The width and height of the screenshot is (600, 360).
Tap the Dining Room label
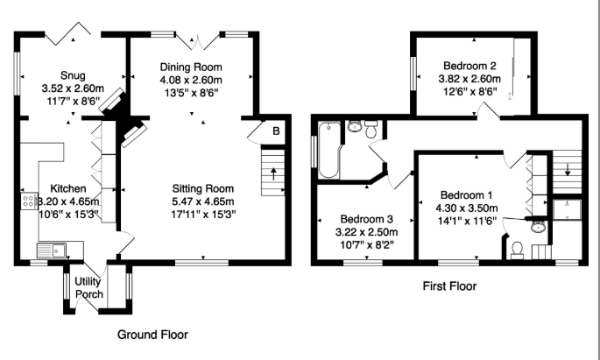tap(190, 67)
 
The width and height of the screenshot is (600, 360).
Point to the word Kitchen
tap(67, 188)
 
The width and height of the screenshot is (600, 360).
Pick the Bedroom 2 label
tap(469, 66)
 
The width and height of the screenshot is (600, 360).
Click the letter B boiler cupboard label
tap(276, 131)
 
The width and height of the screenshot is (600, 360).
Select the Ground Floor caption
tap(153, 334)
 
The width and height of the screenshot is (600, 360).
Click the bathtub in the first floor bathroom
tap(331, 149)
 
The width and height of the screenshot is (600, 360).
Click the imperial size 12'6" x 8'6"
tap(469, 90)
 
